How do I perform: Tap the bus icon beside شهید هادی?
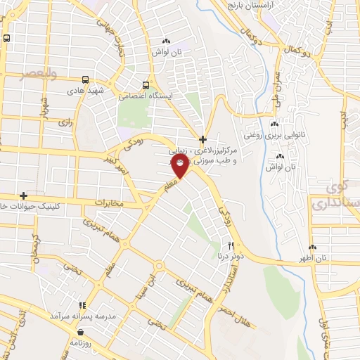click(x=86, y=79)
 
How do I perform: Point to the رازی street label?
click(x=66, y=122)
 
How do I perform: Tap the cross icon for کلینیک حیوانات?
click(x=24, y=195)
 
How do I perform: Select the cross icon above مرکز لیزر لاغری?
click(x=202, y=139)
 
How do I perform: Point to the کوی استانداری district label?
click(x=333, y=197)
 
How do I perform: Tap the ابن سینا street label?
click(x=150, y=285)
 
